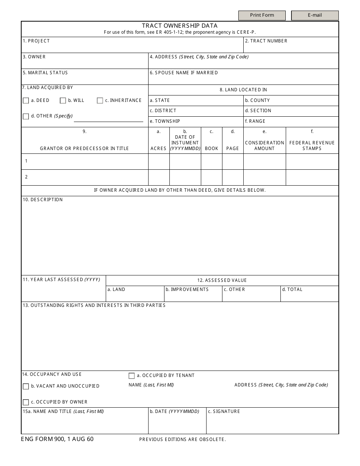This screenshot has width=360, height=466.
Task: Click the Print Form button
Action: point(262,15)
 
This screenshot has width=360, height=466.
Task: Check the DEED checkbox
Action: point(26,101)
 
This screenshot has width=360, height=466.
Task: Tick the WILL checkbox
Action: point(63,101)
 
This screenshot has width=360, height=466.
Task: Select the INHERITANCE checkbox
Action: point(100,101)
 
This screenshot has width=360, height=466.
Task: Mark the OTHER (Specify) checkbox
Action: point(26,117)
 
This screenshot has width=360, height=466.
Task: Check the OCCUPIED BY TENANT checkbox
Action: point(131,376)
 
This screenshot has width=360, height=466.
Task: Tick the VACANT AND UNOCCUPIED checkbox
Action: point(26,386)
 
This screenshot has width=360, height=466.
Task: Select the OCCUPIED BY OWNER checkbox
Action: point(26,402)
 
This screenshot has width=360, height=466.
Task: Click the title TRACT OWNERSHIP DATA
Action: point(180,26)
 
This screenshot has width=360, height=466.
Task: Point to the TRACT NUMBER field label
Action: point(266,41)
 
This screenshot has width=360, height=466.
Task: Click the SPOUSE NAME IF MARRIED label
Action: point(184,73)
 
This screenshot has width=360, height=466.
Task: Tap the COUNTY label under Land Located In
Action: point(257,100)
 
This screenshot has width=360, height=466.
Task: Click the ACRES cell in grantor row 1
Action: point(158,161)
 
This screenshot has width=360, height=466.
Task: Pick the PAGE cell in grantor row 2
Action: point(232,177)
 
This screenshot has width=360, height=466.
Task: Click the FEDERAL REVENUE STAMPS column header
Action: point(312,145)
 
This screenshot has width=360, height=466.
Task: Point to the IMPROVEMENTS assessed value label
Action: point(187,289)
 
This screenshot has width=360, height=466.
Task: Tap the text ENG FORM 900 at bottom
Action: point(43,439)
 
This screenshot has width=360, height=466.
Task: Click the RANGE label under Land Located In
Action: point(255,121)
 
